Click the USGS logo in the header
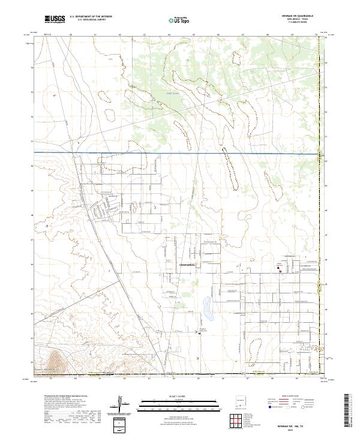(x=54, y=20)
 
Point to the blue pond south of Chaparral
(x=208, y=309)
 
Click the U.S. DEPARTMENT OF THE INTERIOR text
(x=90, y=17)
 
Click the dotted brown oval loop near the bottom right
(x=255, y=346)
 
